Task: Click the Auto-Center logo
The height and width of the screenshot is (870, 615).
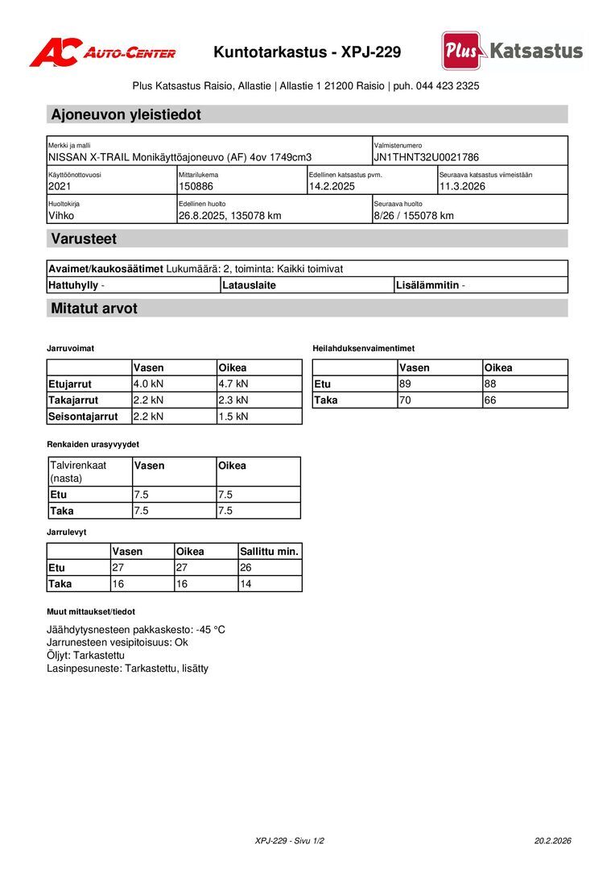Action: pyautogui.click(x=102, y=52)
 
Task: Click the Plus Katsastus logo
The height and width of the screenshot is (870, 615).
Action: pyautogui.click(x=512, y=51)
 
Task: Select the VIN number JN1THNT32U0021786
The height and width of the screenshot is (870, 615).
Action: pyautogui.click(x=426, y=158)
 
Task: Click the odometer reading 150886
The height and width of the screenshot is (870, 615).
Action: pyautogui.click(x=196, y=187)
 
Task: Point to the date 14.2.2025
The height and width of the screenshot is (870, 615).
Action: pyautogui.click(x=332, y=187)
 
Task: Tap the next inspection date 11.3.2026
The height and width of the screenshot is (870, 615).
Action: pyautogui.click(x=462, y=187)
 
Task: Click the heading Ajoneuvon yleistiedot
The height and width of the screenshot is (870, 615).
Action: pyautogui.click(x=126, y=114)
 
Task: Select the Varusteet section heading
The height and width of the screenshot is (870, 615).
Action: pyautogui.click(x=84, y=238)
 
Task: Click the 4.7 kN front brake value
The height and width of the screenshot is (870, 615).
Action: pyautogui.click(x=233, y=384)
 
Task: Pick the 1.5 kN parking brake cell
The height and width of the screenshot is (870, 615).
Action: pyautogui.click(x=233, y=416)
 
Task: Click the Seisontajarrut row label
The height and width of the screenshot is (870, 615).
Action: pyautogui.click(x=83, y=416)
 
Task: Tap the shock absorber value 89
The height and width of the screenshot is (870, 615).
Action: pyautogui.click(x=405, y=384)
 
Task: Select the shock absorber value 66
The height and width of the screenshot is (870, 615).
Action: pyautogui.click(x=489, y=400)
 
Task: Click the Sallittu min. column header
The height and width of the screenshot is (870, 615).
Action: pyautogui.click(x=270, y=552)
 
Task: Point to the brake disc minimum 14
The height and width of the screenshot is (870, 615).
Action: pyautogui.click(x=246, y=584)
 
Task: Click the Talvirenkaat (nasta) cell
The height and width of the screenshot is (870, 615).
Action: pyautogui.click(x=78, y=471)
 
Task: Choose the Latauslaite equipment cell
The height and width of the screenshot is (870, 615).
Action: pyautogui.click(x=249, y=285)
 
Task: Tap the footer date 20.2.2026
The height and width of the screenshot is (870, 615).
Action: pyautogui.click(x=552, y=841)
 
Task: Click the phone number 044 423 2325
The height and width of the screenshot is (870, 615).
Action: pyautogui.click(x=448, y=85)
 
